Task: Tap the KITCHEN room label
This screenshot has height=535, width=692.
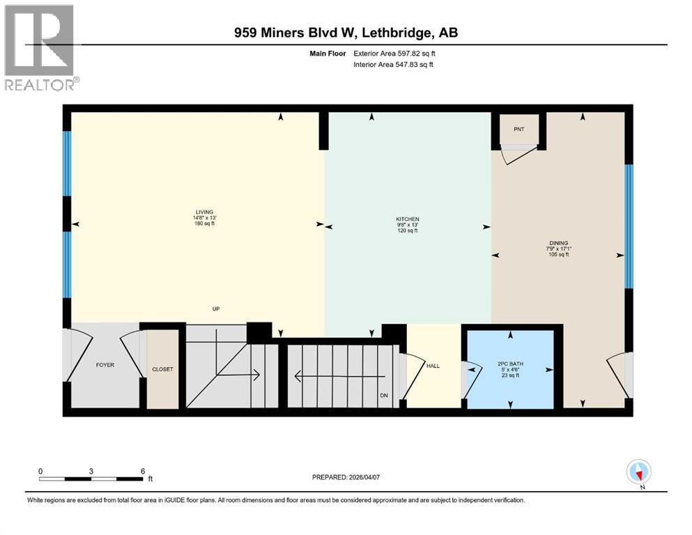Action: pos(408,219)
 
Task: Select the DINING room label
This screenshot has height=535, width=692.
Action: pos(558,242)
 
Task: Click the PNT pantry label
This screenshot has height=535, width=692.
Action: pos(519,129)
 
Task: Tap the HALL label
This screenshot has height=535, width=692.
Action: pos(433,366)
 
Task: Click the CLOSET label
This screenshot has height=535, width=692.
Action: pos(162,369)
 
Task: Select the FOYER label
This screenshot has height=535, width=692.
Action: pos(105,364)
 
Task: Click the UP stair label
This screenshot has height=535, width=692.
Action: pos(217,309)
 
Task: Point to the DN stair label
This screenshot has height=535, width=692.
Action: pos(384,396)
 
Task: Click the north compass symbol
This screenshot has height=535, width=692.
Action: pos(638,472)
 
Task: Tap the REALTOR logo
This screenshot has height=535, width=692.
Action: pos(40,48)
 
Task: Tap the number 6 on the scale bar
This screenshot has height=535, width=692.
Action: pos(142,471)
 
